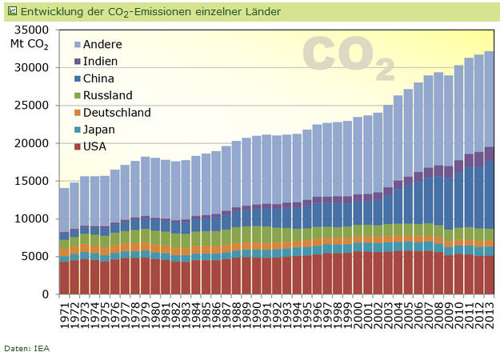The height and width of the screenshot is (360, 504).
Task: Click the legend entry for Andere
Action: click(102, 44)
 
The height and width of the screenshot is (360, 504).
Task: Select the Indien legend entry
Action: click(99, 61)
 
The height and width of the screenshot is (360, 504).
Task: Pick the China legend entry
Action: click(98, 78)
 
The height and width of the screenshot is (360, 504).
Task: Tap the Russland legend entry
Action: click(106, 95)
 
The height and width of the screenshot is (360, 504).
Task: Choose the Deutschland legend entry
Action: click(116, 113)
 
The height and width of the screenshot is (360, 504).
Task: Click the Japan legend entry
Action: click(98, 130)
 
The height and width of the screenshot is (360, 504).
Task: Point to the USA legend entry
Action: click(94, 146)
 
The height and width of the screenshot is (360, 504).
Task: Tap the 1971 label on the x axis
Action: click(65, 313)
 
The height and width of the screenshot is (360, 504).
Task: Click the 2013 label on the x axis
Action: click(490, 313)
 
